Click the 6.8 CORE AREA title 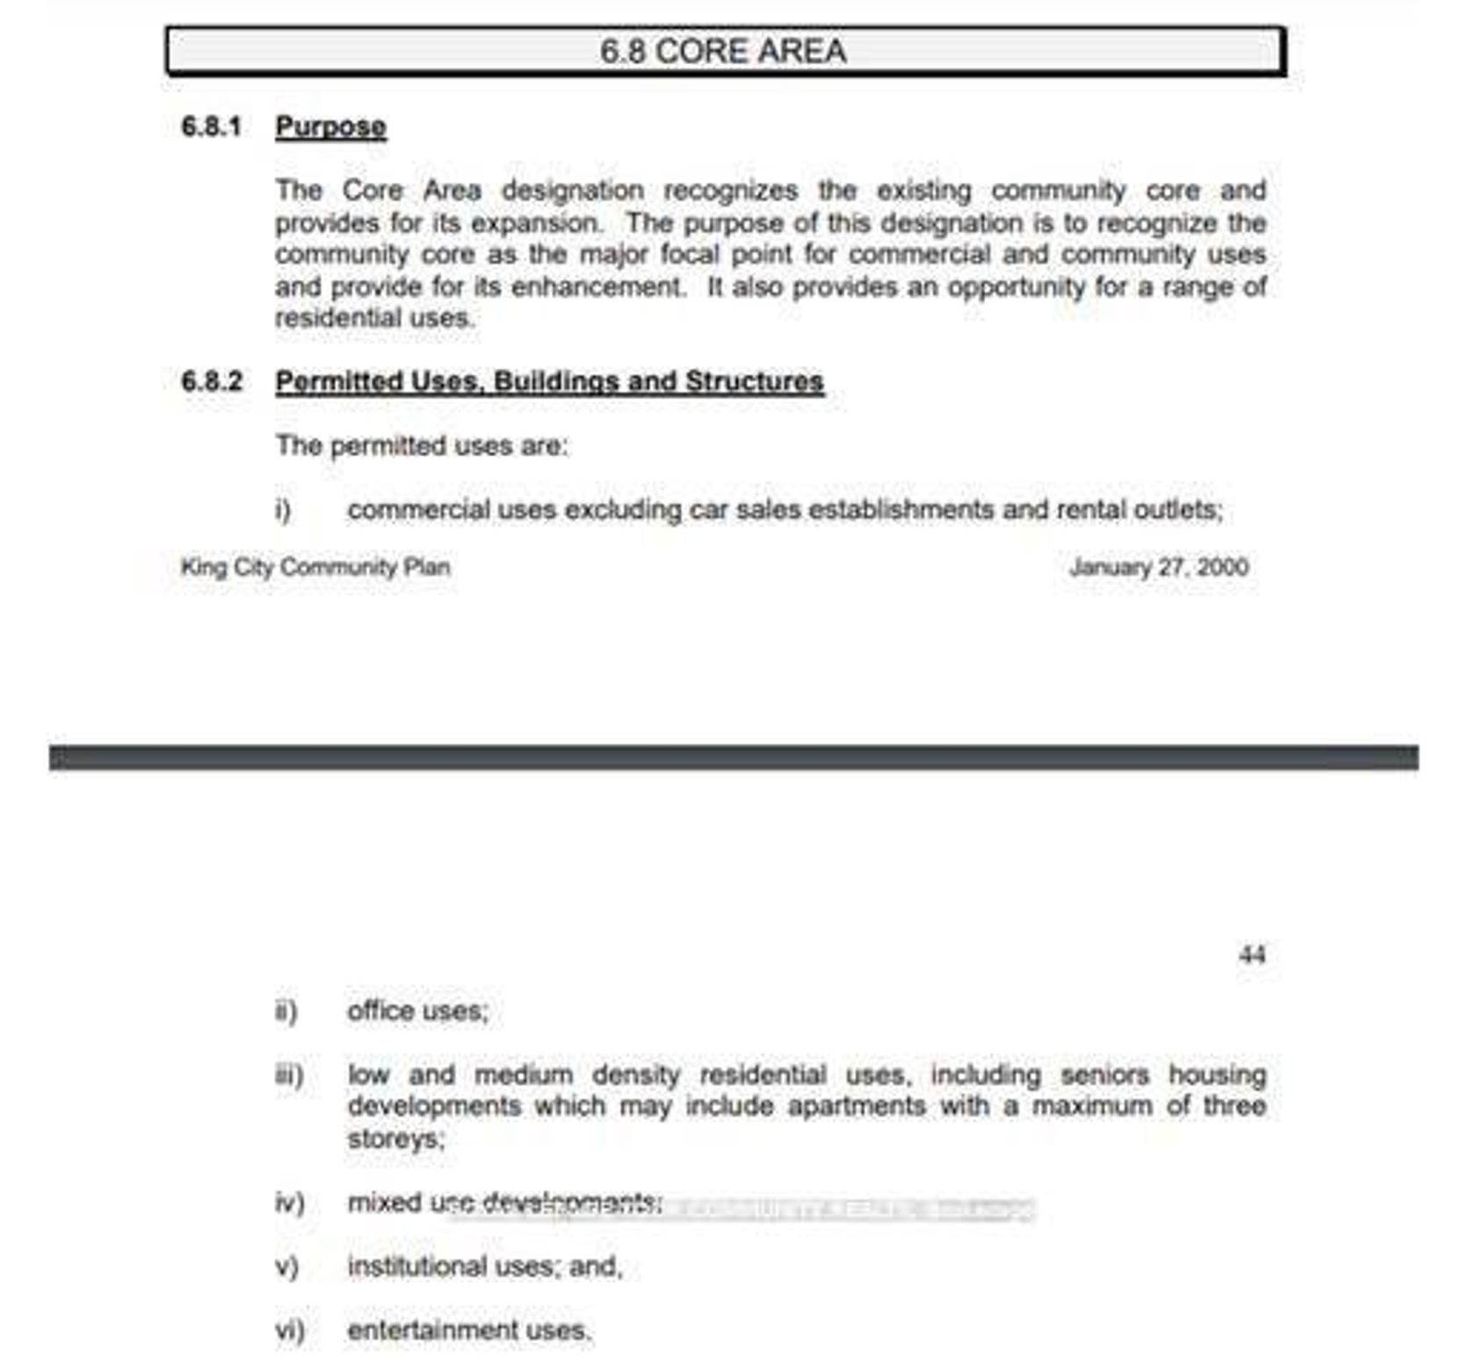pos(723,51)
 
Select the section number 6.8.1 pos(211,127)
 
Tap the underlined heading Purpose pos(330,127)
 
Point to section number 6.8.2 pos(211,381)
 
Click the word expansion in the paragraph pos(536,223)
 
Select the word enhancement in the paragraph pos(597,287)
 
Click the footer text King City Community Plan pos(315,567)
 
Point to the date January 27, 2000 pos(1159,567)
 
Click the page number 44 pos(1252,955)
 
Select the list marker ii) pos(286,1012)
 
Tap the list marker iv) pos(289,1202)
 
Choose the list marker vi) pos(289,1331)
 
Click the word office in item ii pos(380,1011)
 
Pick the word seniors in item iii pos(1104,1075)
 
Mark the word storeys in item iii pos(394,1139)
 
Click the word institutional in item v pos(417,1267)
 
